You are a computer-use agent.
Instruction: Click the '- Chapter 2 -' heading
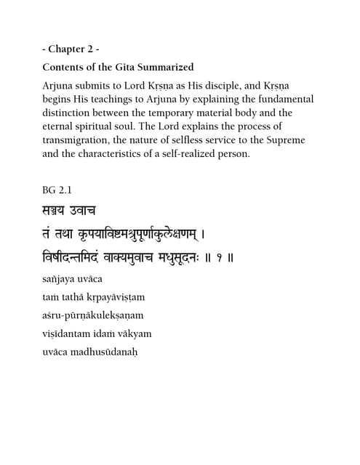[71, 49]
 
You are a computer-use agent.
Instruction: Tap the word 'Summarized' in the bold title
[164, 68]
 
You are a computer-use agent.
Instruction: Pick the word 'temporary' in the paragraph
[185, 113]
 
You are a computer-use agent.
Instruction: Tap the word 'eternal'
[60, 126]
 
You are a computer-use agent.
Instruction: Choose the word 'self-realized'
[195, 168]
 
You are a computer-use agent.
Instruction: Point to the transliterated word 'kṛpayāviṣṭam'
[103, 297]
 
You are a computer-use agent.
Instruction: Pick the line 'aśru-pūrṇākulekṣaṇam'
[93, 315]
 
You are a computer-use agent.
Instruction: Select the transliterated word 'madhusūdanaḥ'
[105, 353]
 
